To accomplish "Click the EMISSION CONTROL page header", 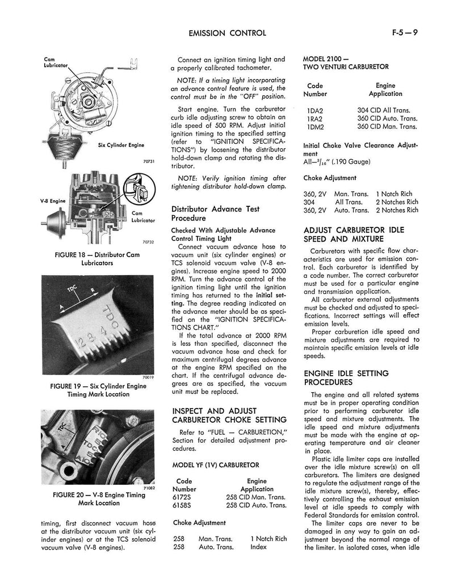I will click(x=226, y=33).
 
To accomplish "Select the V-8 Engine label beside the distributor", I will click(x=53, y=201).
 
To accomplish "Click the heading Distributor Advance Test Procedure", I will click(x=215, y=213).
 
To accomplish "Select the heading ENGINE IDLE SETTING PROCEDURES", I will click(x=346, y=377).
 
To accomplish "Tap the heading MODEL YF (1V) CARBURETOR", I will click(x=215, y=465).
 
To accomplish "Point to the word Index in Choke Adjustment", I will click(x=258, y=547).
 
